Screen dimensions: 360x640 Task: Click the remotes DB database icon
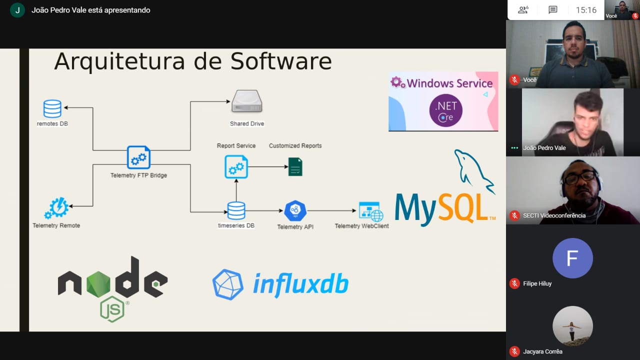[52, 108]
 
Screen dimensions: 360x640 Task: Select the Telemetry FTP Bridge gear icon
[138, 157]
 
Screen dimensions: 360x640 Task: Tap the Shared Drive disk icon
[246, 101]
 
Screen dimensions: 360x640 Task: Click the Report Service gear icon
[236, 166]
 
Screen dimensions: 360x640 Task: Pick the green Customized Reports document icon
[295, 166]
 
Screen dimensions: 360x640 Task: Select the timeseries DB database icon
[236, 210]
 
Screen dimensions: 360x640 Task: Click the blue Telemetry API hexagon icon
[295, 210]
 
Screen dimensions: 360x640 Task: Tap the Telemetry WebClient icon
[371, 211]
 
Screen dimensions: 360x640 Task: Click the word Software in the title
[281, 61]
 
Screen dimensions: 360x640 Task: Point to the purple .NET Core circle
[445, 110]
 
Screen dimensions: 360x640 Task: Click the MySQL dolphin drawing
[473, 170]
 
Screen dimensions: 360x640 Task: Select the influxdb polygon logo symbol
[228, 284]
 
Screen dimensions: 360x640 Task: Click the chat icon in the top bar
[552, 10]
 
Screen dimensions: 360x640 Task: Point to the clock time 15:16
[586, 10]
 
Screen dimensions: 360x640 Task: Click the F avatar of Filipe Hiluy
[572, 258]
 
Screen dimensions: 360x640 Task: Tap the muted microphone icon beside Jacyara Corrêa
[514, 351]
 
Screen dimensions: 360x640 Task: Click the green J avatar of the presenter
[17, 10]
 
